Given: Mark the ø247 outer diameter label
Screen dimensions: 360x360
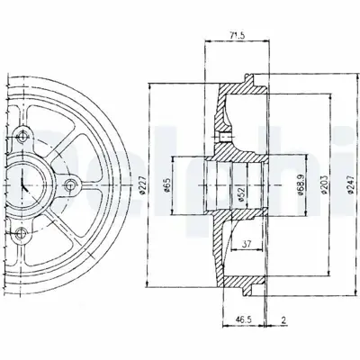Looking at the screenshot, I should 333,185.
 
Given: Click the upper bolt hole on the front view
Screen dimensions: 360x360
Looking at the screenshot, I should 20,138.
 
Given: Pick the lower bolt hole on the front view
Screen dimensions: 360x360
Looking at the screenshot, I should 20,235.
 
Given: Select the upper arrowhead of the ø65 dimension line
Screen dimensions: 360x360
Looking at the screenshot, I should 177,159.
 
